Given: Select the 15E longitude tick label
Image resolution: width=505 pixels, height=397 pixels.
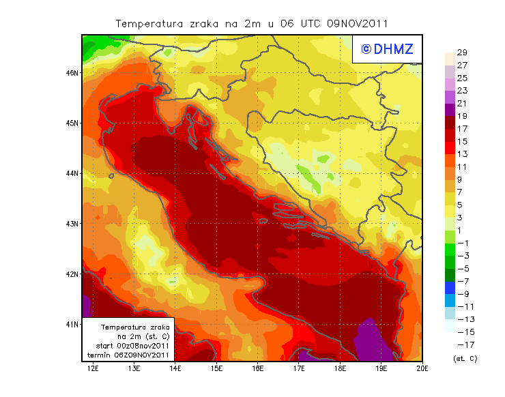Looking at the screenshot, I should click(216, 369).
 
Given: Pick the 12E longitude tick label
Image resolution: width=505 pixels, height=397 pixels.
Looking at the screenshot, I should click(93, 369).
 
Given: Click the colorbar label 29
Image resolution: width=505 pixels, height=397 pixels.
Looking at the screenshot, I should click(462, 53).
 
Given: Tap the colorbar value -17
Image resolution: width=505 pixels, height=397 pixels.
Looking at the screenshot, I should click(462, 344).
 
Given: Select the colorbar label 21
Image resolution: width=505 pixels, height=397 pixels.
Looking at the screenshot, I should click(462, 103).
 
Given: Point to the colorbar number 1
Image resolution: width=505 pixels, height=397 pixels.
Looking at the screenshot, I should click(462, 230).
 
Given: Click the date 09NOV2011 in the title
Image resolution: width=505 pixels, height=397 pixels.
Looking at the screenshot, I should click(357, 23).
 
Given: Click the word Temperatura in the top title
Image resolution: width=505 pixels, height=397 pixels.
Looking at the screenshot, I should click(149, 23).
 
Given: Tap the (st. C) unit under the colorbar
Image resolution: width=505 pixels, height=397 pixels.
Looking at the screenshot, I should click(465, 359).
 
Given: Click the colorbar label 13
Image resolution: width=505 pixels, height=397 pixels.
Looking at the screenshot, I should click(462, 154).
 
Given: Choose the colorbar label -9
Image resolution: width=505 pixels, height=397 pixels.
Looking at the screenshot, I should click(462, 294).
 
